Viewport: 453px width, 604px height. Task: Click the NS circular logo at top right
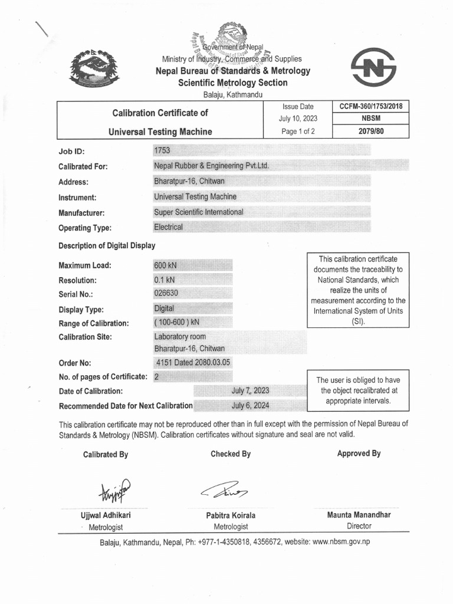pyautogui.click(x=373, y=68)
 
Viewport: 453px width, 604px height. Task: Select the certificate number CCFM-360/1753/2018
pyautogui.click(x=370, y=107)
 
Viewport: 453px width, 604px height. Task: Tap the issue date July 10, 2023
pyautogui.click(x=298, y=119)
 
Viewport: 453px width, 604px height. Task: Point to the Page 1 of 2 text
pyautogui.click(x=298, y=132)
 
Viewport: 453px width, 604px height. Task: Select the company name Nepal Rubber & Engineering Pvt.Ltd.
pyautogui.click(x=211, y=166)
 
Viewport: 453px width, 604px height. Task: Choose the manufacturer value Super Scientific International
pyautogui.click(x=198, y=212)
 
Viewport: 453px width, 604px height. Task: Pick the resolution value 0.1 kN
pyautogui.click(x=165, y=280)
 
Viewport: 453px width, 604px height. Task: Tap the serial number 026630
pyautogui.click(x=166, y=294)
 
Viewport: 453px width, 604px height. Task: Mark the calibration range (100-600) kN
pyautogui.click(x=177, y=323)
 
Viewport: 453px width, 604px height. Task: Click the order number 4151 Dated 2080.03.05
pyautogui.click(x=193, y=363)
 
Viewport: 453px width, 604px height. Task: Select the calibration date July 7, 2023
pyautogui.click(x=250, y=390)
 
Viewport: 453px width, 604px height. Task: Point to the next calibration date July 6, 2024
pyautogui.click(x=250, y=405)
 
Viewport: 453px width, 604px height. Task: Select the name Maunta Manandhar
pyautogui.click(x=359, y=515)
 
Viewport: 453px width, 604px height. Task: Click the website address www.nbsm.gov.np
pyautogui.click(x=340, y=541)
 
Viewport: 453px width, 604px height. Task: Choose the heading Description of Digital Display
pyautogui.click(x=107, y=245)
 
